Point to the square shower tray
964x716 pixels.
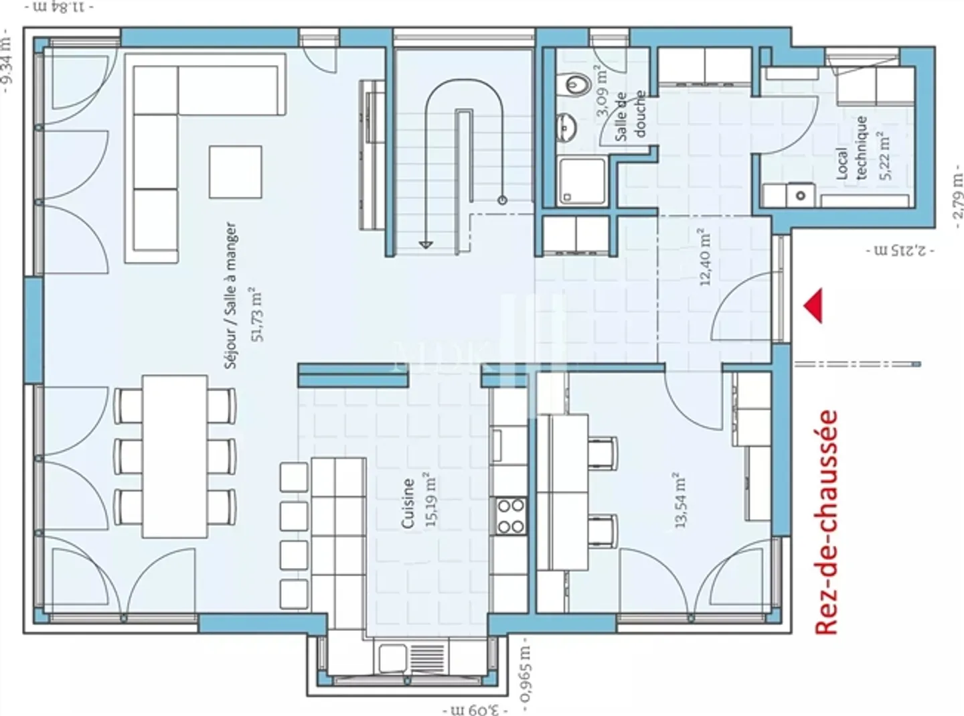tap(581, 180)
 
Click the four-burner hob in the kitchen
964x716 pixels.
tap(511, 516)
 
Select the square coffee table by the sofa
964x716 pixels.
tap(235, 172)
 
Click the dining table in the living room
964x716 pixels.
tap(175, 456)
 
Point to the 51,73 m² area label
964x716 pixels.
tap(256, 314)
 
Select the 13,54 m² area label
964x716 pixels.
tap(681, 500)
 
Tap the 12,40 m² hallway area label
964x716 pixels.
tap(705, 257)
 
